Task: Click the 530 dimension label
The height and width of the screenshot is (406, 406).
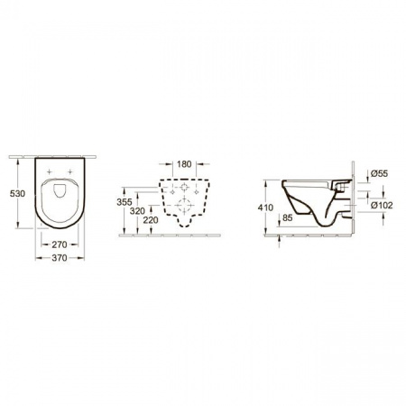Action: [x=17, y=194]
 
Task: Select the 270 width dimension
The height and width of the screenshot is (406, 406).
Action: [x=60, y=245]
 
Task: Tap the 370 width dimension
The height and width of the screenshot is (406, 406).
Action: [x=60, y=258]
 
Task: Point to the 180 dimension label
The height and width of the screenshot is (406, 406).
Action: [x=184, y=164]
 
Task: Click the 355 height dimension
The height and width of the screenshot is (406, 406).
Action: [x=125, y=202]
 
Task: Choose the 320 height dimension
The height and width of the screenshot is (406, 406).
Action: [x=137, y=211]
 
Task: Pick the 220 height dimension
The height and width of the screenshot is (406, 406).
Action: [x=151, y=220]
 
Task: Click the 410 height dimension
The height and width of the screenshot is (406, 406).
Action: [x=265, y=208]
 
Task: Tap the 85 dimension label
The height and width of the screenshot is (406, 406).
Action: [x=288, y=217]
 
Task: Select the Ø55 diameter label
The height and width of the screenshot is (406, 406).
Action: [x=379, y=173]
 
